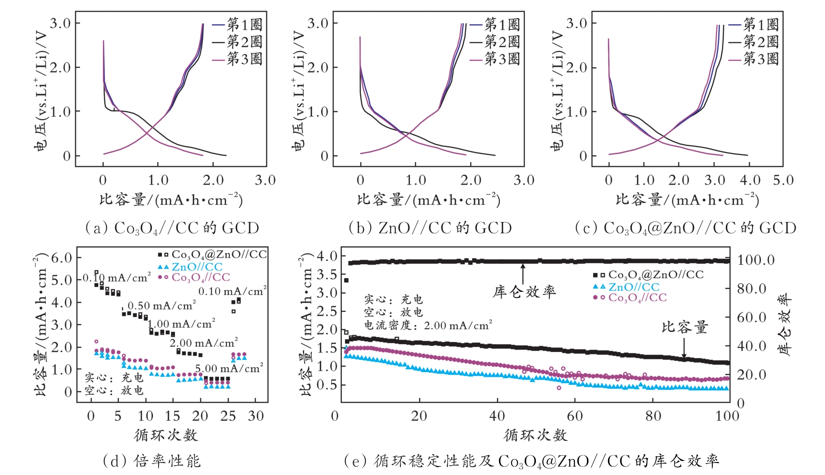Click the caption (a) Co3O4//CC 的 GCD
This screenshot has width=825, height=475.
click(x=172, y=228)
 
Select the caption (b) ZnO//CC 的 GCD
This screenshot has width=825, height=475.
click(x=430, y=228)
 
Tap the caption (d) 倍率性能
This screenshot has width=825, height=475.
click(x=152, y=461)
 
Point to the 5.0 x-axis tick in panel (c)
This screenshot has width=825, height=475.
click(x=783, y=180)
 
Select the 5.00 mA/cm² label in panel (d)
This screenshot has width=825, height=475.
click(x=229, y=368)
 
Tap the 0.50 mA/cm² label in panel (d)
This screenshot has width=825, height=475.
click(x=162, y=306)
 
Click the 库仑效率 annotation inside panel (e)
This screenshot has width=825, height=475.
click(x=524, y=292)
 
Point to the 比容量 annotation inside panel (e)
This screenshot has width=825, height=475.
click(x=685, y=327)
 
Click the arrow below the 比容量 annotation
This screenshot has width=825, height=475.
click(x=684, y=348)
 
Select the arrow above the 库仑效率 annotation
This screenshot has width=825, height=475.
click(x=523, y=273)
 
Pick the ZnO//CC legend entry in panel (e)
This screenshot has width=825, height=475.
click(x=633, y=287)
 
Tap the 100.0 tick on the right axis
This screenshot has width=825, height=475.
click(x=756, y=260)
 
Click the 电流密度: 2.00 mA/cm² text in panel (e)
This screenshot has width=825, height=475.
click(x=428, y=325)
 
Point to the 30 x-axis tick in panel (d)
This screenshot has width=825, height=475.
click(x=256, y=416)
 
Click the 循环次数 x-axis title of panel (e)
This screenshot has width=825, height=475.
click(x=536, y=435)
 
